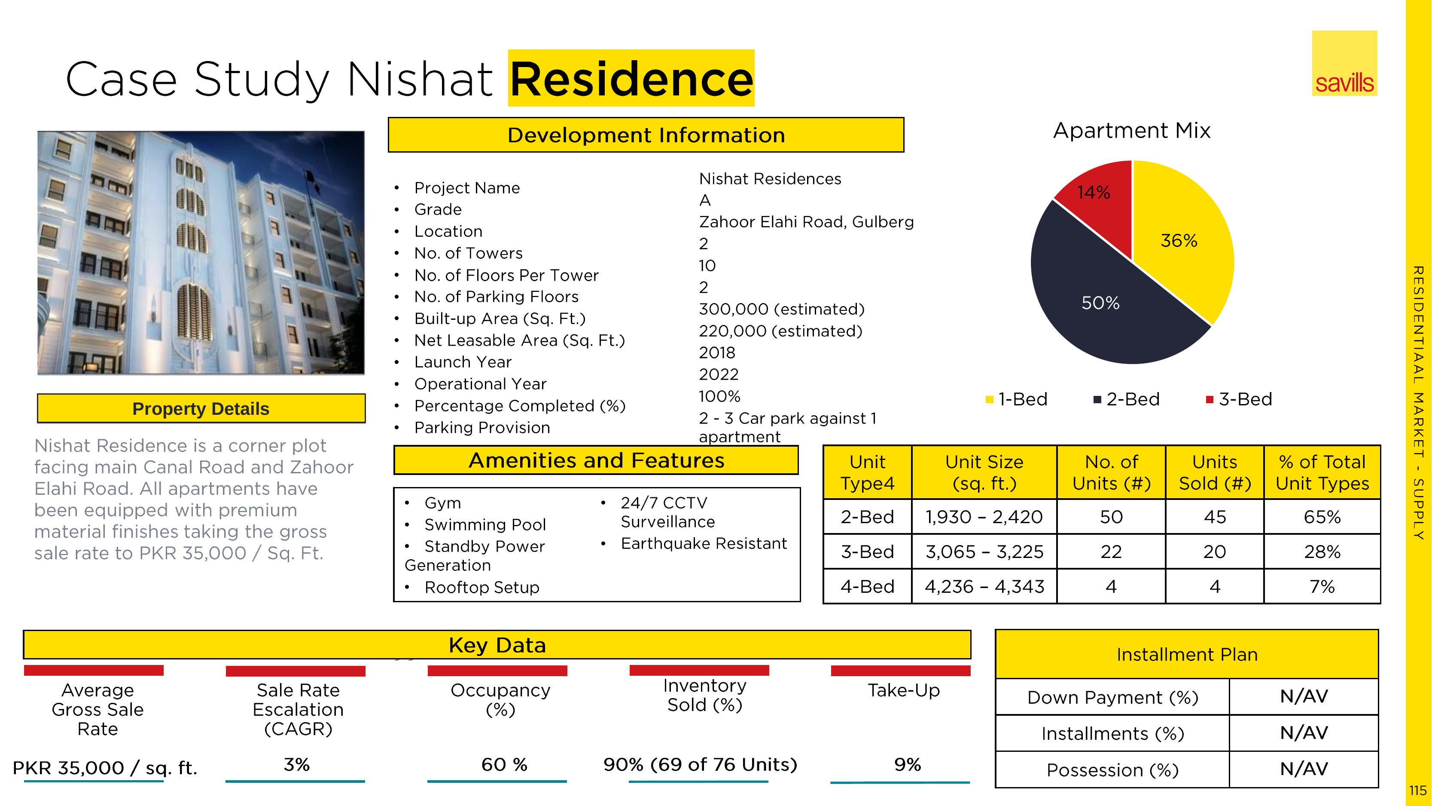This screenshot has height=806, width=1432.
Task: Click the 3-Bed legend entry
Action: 1239,399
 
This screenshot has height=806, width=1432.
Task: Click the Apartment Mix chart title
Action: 1131,131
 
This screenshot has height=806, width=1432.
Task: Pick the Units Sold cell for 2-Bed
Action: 1215,517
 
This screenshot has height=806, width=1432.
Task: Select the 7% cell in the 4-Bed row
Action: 1322,587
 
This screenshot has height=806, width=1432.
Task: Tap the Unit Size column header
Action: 984,472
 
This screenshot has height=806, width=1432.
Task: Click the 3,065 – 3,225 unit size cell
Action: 984,552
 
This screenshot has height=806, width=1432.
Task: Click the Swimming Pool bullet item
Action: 485,524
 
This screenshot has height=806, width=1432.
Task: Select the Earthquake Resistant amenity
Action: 703,543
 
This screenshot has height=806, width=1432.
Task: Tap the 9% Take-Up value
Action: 907,765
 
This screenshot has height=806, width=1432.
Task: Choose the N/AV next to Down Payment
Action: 1304,696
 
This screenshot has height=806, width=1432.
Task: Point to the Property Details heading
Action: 201,409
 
